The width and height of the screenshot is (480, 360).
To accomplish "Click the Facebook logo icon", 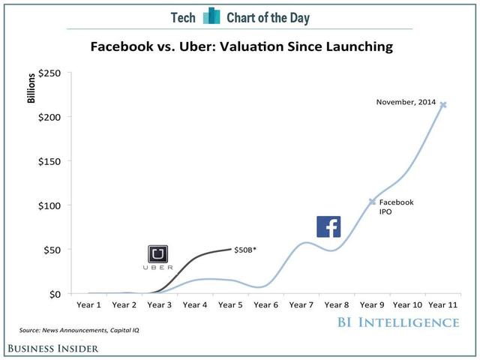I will (328, 227).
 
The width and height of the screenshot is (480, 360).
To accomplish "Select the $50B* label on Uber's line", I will (244, 249).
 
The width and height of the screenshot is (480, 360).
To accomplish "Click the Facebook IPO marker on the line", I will (371, 202).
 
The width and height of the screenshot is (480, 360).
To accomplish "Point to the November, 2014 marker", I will (442, 104).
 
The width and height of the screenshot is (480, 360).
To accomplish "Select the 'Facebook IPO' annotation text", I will (395, 207).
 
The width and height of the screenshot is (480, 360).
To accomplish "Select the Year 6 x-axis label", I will (265, 305).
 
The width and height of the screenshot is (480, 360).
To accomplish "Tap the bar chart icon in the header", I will (212, 16).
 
